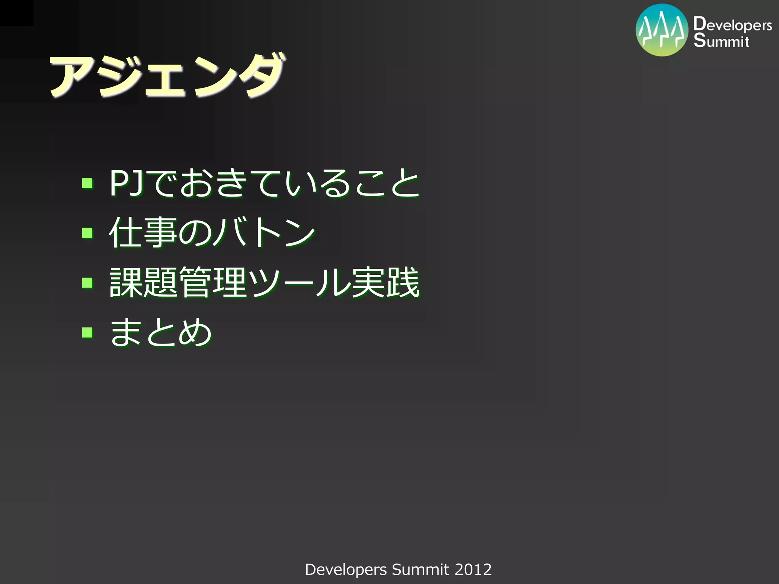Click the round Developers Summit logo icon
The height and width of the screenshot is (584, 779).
[x=662, y=30]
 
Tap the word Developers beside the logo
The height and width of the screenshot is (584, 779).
[x=733, y=25]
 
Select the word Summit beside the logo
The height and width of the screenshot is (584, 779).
[x=721, y=41]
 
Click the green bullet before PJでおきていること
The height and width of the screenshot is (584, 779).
[x=87, y=183]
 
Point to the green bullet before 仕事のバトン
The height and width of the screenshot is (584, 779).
[x=87, y=232]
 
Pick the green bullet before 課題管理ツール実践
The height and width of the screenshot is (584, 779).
[x=87, y=282]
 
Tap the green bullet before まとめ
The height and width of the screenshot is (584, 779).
[x=87, y=332]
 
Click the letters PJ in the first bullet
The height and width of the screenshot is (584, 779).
[x=126, y=183]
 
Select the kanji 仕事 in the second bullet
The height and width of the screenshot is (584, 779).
[x=143, y=232]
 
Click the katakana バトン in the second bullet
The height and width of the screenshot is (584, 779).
[x=264, y=232]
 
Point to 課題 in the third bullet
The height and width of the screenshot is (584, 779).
[x=143, y=282]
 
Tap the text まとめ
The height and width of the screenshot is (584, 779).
[x=161, y=332]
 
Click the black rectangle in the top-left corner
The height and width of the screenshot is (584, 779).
[x=16, y=13]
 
